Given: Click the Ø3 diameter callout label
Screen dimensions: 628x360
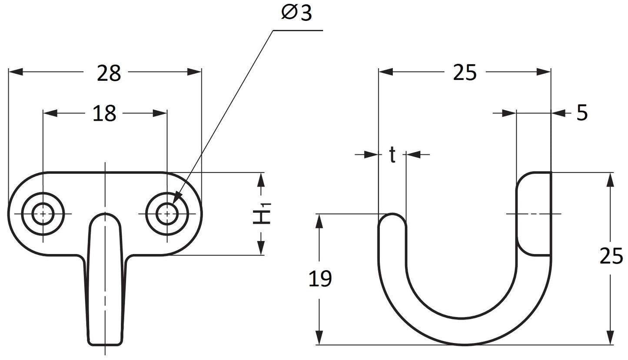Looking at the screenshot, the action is (x=297, y=13).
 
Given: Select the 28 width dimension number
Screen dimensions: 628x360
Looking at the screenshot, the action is (x=109, y=73).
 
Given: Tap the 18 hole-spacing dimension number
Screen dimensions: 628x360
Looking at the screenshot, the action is (x=104, y=113).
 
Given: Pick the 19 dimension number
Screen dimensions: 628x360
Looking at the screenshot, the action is (x=320, y=278).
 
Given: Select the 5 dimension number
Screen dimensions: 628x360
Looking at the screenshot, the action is (x=582, y=113).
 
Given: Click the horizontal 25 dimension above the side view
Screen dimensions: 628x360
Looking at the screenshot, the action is (x=465, y=73).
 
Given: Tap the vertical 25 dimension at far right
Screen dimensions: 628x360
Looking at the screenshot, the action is (x=611, y=256).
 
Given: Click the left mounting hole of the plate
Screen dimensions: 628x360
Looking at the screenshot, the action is (x=43, y=214).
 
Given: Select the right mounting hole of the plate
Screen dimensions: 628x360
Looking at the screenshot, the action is (x=167, y=214).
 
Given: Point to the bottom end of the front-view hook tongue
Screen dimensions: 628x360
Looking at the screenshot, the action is (x=105, y=345).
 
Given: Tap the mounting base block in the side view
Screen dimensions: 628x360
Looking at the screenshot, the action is (x=534, y=214).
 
